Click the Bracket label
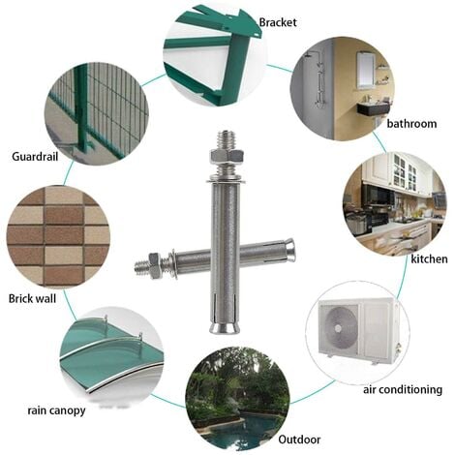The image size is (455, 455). [x=278, y=22]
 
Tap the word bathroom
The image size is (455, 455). [x=411, y=124]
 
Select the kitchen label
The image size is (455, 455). [x=429, y=258]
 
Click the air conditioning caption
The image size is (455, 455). [x=403, y=389]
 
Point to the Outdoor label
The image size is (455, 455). [x=299, y=440]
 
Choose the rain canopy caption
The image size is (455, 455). [x=56, y=410]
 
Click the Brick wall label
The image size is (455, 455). [x=32, y=298]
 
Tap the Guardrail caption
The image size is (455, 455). [x=35, y=157]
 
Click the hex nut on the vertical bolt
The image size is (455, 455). [x=227, y=157]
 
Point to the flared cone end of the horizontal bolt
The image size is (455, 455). [x=288, y=248]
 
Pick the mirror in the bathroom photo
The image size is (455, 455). [x=366, y=70]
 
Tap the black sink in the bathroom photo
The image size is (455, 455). [x=374, y=109]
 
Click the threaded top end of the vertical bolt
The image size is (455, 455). [x=226, y=138]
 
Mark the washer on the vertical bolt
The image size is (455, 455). [x=226, y=178]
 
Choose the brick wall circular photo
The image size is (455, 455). [x=58, y=236]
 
